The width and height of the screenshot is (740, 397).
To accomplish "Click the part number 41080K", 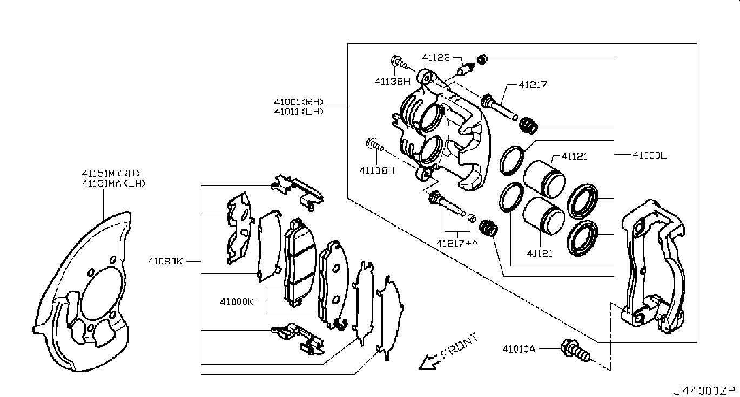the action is (165, 261).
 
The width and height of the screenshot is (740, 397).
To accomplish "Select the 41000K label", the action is (237, 302).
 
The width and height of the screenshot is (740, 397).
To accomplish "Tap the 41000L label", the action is (649, 155).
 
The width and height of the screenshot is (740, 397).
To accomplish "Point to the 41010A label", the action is (519, 348).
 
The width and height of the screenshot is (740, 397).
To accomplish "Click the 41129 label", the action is (436, 58).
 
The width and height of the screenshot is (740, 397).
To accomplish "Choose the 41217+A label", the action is (457, 243).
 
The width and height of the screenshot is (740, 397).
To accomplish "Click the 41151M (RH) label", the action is (111, 173).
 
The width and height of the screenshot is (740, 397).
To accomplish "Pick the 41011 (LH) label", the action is (299, 112).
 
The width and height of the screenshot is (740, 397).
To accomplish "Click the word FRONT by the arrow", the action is (460, 346).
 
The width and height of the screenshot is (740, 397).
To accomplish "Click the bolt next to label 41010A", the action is (575, 351).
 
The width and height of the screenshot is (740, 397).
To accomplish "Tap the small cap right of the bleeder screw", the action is (482, 59).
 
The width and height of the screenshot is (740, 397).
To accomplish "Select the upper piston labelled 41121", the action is (544, 179).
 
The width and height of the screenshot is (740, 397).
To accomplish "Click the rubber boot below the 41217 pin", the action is (529, 126).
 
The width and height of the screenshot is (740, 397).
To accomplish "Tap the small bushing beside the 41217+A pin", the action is (472, 218).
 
